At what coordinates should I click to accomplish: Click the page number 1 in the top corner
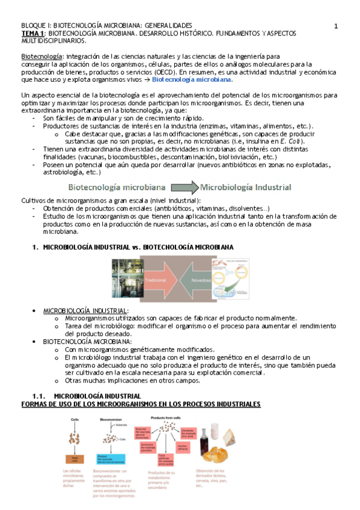pos(336,26)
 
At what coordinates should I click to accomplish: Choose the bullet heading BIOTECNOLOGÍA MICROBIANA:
pos(88,342)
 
